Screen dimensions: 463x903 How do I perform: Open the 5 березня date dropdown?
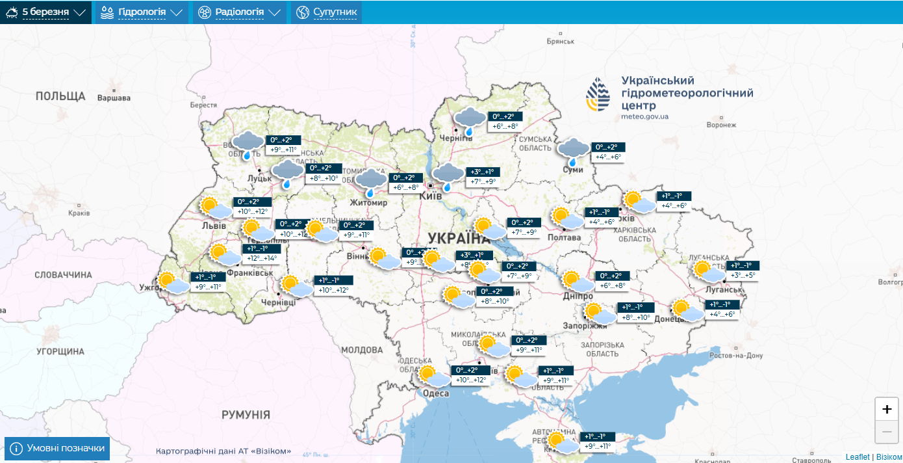[45, 12]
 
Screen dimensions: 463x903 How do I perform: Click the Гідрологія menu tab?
[141, 12]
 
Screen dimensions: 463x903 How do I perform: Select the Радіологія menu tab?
[239, 12]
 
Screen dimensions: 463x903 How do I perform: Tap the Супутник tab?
[327, 12]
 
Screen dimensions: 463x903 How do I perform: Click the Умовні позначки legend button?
[58, 449]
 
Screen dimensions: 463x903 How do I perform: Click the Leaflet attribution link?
[857, 457]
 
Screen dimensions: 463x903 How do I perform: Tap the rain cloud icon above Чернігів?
[469, 121]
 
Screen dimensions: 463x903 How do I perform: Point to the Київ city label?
[431, 196]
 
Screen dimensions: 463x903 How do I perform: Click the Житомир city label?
[370, 203]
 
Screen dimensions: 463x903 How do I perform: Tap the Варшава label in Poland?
[113, 98]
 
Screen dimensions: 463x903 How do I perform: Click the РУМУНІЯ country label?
[246, 415]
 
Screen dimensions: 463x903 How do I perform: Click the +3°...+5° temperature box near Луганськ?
[743, 275]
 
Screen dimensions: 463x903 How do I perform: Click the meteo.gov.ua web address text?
[644, 116]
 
